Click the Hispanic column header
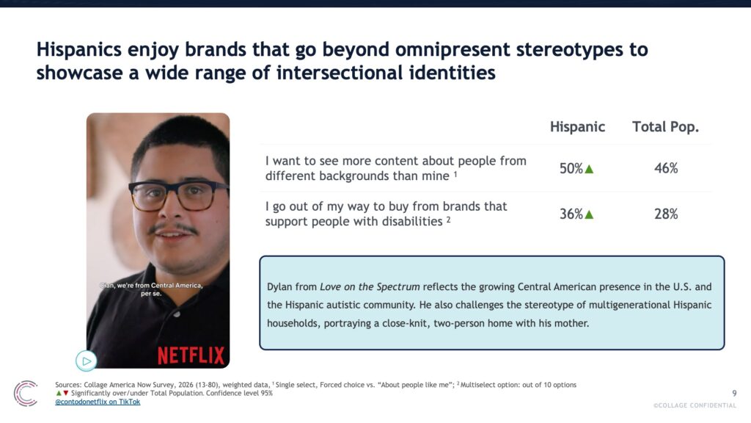[x=577, y=127]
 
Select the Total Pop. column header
[x=665, y=127]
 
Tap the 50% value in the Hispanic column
[x=571, y=168]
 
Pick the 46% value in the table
[x=666, y=168]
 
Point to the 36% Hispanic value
[x=571, y=214]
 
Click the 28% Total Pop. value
[x=666, y=214]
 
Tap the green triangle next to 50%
[x=589, y=170]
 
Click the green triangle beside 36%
[x=589, y=215]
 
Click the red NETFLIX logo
[x=191, y=355]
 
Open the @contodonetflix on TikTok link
[x=98, y=402]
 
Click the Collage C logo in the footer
[x=26, y=394]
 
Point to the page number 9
[x=734, y=394]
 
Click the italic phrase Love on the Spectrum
[x=370, y=287]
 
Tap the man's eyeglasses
[x=178, y=195]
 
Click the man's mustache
[x=173, y=228]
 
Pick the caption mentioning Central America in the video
[x=151, y=289]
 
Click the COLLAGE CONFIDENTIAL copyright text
[x=695, y=405]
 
